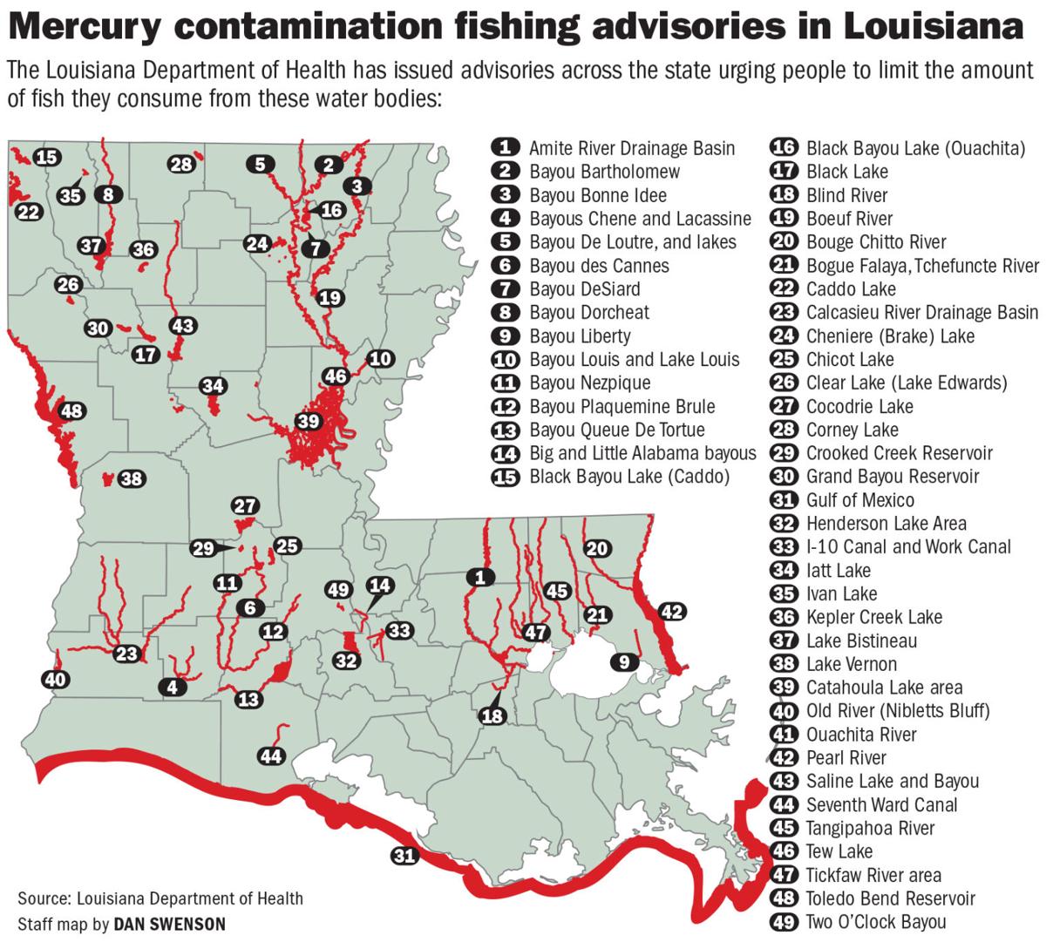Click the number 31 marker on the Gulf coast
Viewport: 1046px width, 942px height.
coord(404,856)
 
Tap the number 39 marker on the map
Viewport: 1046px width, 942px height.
coord(309,421)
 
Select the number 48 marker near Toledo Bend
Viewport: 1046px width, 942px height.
coord(72,410)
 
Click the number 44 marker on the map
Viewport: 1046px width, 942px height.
coord(272,756)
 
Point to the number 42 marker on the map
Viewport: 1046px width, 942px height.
coord(671,612)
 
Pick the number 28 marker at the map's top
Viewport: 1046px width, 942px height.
coord(182,165)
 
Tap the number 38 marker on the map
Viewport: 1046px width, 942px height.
coord(132,478)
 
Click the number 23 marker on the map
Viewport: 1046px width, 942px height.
coord(127,653)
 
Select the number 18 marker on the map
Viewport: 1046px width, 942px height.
coord(492,715)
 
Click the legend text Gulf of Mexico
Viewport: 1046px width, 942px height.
coord(859,500)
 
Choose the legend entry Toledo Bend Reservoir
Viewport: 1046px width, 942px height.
coord(890,898)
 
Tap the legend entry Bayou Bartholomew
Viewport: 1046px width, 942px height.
coord(604,172)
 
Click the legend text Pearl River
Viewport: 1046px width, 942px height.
coord(846,758)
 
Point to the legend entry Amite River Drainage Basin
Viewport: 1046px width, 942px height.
coord(631,148)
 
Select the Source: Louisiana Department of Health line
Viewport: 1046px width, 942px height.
coord(160,898)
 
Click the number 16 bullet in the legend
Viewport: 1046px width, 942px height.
coord(784,148)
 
